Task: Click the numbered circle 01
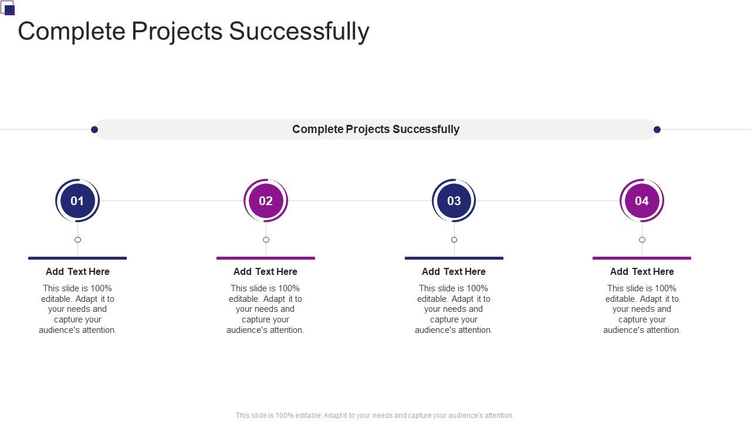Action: click(x=77, y=200)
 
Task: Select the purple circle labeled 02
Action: click(x=266, y=200)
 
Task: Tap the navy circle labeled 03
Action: click(x=454, y=200)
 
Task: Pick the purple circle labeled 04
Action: click(x=642, y=200)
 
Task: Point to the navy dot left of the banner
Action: click(x=94, y=130)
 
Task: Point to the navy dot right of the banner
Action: click(x=657, y=130)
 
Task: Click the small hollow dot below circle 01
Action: click(x=77, y=240)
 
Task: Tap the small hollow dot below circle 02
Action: click(x=266, y=240)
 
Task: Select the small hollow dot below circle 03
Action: click(x=454, y=240)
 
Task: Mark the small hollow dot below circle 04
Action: click(x=642, y=240)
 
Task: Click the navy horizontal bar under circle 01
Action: click(x=77, y=258)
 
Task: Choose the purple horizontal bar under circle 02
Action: click(x=266, y=258)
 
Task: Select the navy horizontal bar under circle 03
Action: click(x=454, y=258)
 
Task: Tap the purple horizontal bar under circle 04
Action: click(x=642, y=258)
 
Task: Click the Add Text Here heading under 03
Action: click(x=454, y=271)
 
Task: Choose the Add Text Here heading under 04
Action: click(x=642, y=271)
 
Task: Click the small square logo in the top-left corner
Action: click(x=8, y=8)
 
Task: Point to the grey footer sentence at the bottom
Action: click(x=374, y=415)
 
